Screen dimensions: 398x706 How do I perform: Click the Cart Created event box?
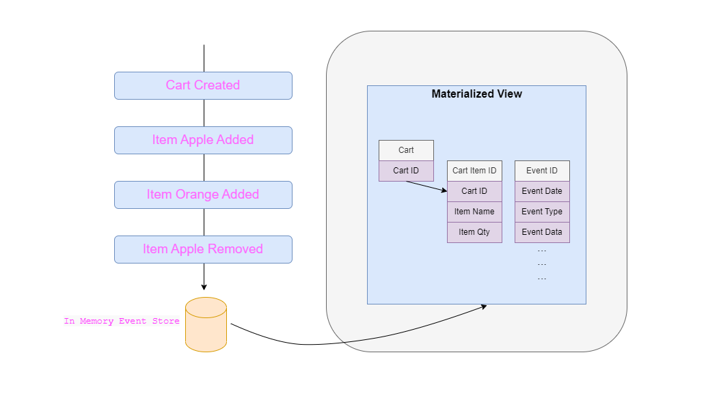point(203,85)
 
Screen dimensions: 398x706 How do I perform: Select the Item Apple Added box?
point(203,140)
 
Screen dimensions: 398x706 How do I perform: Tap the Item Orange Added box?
point(203,195)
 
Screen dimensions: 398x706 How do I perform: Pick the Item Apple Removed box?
point(203,249)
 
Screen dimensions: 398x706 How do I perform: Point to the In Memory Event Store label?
point(122,321)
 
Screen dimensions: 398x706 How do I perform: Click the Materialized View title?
point(476,94)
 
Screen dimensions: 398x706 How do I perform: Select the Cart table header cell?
point(406,150)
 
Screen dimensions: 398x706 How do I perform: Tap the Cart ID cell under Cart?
point(406,171)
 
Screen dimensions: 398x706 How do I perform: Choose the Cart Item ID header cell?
point(474,171)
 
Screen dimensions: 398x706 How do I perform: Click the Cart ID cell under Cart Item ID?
point(474,191)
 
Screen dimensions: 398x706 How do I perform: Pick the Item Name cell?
point(474,212)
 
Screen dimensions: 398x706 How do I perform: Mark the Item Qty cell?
point(474,232)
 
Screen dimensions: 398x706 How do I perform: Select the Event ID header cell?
point(542,171)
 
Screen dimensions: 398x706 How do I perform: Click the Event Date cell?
point(542,191)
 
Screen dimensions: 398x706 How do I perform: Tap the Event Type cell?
point(542,212)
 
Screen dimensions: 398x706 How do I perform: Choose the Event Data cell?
point(542,232)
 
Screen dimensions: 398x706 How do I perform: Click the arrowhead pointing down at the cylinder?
point(204,287)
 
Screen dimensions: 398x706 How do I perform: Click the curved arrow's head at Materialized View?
point(484,307)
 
